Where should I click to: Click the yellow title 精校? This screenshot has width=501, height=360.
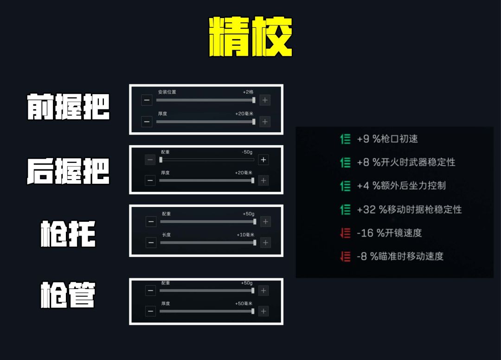tap(250, 37)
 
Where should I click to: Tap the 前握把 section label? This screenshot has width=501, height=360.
tap(68, 107)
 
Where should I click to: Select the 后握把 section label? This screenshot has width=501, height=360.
tap(68, 171)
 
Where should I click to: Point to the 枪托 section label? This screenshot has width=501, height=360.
tap(68, 233)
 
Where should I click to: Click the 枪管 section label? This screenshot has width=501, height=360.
tap(68, 295)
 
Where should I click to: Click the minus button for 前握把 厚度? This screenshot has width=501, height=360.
tap(147, 122)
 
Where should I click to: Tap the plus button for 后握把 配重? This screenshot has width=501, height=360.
tap(263, 160)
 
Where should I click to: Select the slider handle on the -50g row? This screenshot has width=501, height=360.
tap(161, 160)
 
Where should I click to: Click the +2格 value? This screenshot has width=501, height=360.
tap(248, 92)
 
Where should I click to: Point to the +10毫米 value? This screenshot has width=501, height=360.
tap(245, 235)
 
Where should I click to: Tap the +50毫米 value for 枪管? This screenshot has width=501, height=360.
tap(244, 303)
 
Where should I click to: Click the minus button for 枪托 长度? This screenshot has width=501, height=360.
tap(151, 243)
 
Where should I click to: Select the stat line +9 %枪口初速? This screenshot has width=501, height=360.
tap(387, 139)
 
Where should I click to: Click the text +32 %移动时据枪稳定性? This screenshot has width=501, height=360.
tap(409, 210)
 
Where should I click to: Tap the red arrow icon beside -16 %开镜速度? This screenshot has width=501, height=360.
tap(346, 233)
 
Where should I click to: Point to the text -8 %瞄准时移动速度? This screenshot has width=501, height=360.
tap(400, 256)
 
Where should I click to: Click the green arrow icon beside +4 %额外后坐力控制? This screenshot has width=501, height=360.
tap(346, 186)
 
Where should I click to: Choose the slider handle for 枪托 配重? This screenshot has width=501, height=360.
tap(255, 222)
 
